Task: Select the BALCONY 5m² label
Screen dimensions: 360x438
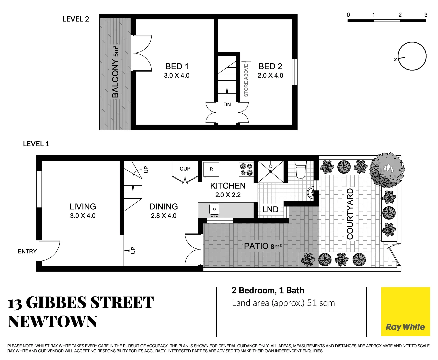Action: click(x=115, y=72)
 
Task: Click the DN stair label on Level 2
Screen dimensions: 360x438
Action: click(x=227, y=105)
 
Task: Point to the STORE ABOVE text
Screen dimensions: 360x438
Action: click(x=246, y=80)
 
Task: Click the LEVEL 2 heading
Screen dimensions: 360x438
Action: click(x=76, y=19)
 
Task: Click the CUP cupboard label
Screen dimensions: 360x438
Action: click(x=185, y=169)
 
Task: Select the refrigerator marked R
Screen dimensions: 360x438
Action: click(x=211, y=169)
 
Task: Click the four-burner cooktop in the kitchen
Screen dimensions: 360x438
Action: click(x=246, y=169)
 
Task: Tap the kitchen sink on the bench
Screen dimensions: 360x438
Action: click(x=214, y=209)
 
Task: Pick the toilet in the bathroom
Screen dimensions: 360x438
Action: click(x=300, y=170)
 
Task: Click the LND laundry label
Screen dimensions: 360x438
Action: click(x=270, y=210)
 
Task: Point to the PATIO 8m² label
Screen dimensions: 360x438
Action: click(x=263, y=246)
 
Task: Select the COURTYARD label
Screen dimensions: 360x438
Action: click(x=350, y=214)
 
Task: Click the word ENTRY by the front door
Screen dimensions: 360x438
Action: click(x=27, y=251)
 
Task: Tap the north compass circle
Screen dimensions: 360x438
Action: click(x=412, y=56)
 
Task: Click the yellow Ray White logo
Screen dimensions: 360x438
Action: click(x=405, y=312)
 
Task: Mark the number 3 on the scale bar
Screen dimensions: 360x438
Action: click(x=426, y=15)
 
